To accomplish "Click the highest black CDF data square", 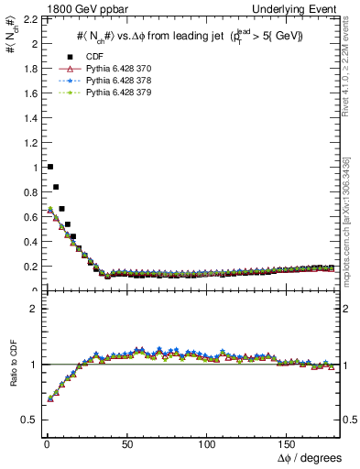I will [x=49, y=167].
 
